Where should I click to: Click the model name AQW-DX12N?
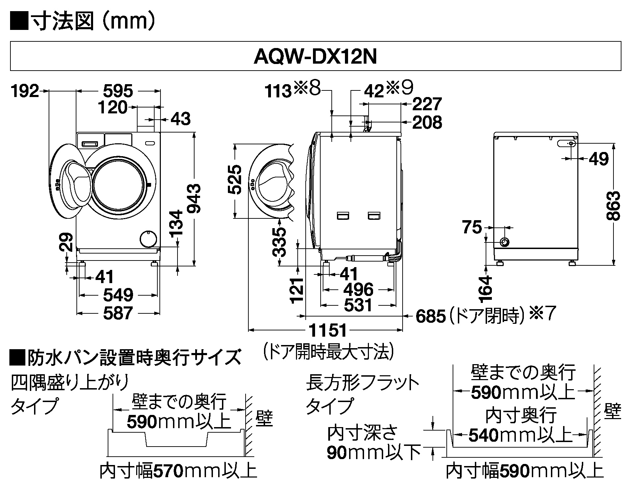click(x=315, y=57)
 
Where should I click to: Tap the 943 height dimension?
click(x=194, y=199)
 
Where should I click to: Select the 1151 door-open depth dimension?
click(x=328, y=330)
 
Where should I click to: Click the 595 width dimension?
click(x=118, y=91)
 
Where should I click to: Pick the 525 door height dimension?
click(x=235, y=179)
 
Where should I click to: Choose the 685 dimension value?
click(x=430, y=316)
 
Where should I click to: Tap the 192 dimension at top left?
click(x=25, y=91)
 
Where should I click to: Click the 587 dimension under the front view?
click(x=118, y=313)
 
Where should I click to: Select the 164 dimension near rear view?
click(x=486, y=288)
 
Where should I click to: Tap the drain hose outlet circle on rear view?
click(x=504, y=242)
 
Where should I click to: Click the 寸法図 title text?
click(x=63, y=22)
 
